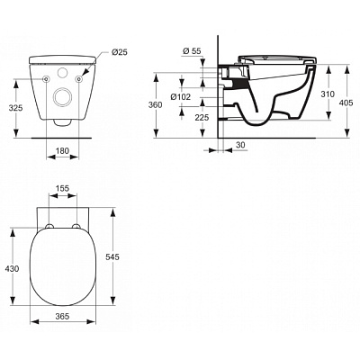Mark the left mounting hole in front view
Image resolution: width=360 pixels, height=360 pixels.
point(46,79)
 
